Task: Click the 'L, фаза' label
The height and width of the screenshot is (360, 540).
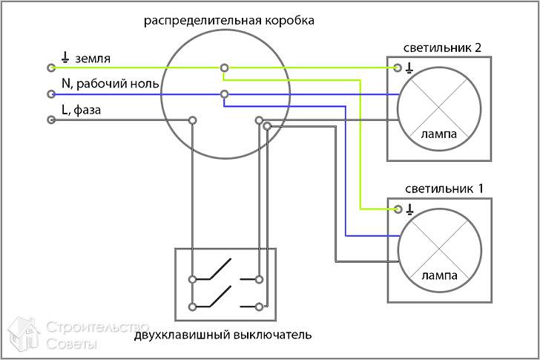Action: tap(82, 111)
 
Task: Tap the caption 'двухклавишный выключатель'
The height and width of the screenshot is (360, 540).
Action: tap(223, 335)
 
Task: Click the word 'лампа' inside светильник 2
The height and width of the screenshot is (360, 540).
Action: tap(438, 134)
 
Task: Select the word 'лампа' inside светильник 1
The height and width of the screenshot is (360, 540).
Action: tap(438, 275)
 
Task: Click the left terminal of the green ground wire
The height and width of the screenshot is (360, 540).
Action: tap(50, 68)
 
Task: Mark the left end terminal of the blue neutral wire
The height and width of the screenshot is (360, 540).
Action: tap(50, 94)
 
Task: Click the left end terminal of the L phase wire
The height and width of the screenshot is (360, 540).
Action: tap(50, 121)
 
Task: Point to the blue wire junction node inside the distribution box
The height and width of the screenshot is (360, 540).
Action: tap(223, 94)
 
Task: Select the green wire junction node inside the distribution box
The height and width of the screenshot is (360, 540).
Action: tap(223, 68)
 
